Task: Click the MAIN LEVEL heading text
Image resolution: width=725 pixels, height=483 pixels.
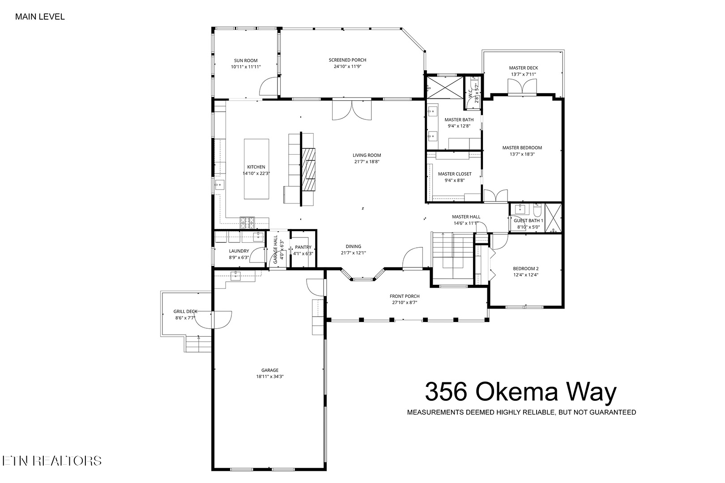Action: click(x=40, y=17)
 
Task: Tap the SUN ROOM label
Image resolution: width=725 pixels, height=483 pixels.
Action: click(x=246, y=60)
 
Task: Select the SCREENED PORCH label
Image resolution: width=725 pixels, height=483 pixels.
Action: click(x=347, y=60)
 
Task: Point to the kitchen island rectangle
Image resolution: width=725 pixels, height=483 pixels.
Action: click(x=256, y=169)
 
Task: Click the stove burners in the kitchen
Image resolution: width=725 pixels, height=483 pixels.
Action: click(x=247, y=222)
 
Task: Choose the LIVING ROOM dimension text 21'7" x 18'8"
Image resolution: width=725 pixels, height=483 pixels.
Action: click(x=367, y=162)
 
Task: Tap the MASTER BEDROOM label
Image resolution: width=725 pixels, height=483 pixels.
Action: click(x=522, y=148)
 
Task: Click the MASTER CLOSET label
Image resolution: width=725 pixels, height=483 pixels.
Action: click(x=455, y=174)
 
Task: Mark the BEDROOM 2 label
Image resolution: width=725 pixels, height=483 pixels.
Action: click(x=525, y=268)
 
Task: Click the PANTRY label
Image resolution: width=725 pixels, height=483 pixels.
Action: click(x=303, y=247)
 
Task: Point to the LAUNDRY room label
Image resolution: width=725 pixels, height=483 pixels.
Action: click(x=239, y=251)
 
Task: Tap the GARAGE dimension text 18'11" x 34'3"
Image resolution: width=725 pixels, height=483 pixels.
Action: click(x=270, y=377)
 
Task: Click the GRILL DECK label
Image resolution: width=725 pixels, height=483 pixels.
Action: click(x=185, y=312)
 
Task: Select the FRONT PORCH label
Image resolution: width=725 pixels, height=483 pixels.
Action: click(x=405, y=297)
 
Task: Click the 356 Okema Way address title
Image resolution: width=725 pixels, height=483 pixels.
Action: click(x=520, y=392)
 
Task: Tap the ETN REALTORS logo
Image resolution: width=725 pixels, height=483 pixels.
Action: click(x=52, y=461)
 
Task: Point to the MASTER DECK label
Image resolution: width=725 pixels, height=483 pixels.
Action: click(x=523, y=68)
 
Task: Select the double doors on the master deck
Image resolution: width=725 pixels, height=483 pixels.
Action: click(x=522, y=87)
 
